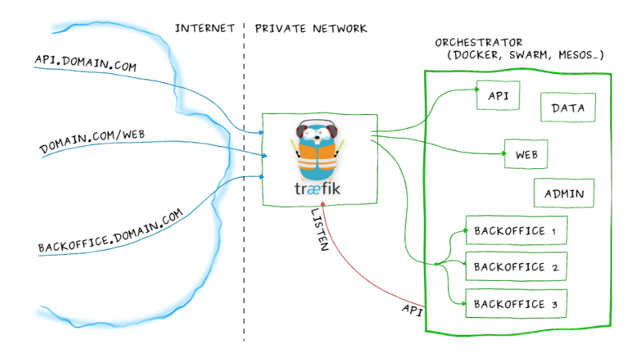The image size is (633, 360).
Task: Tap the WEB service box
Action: (526, 155)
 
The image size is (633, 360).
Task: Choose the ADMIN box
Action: (563, 194)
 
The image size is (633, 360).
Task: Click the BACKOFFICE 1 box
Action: (516, 230)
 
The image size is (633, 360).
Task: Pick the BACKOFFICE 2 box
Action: (516, 267)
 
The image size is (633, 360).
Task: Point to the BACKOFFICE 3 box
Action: (516, 303)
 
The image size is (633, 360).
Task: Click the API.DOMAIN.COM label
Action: (85, 61)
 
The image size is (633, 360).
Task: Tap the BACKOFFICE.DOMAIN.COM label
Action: (110, 232)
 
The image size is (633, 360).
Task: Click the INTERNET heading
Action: (205, 29)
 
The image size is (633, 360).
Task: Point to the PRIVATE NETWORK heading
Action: (311, 29)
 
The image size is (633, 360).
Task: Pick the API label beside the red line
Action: (411, 309)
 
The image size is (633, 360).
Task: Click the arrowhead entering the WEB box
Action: (501, 155)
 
